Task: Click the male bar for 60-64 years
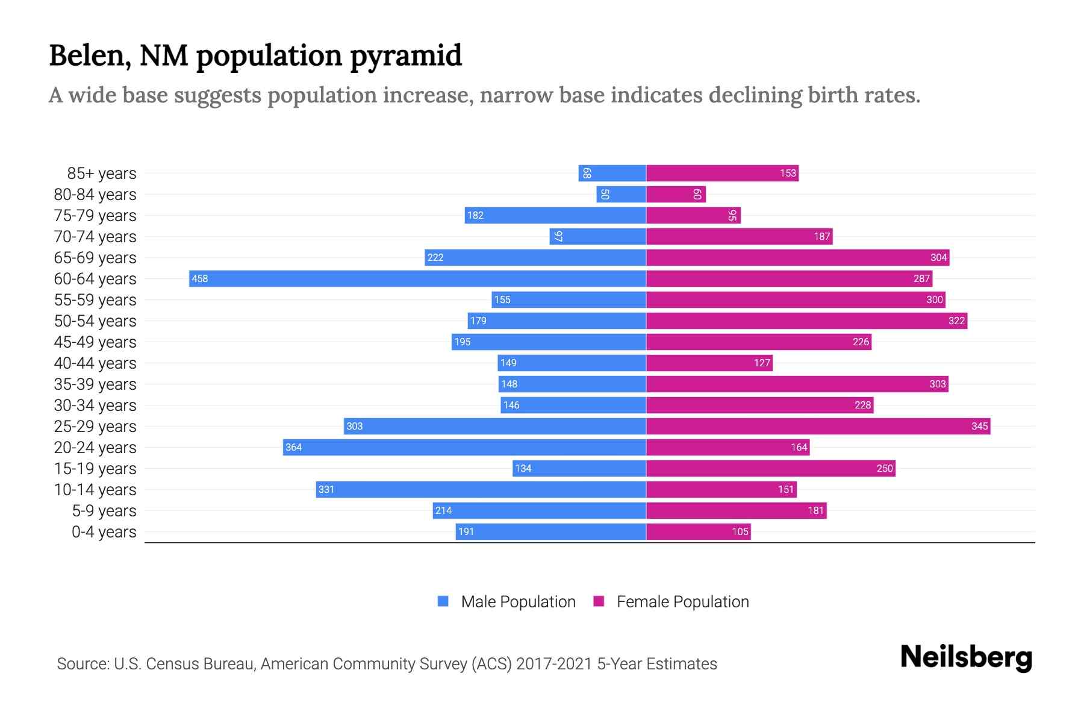click(417, 278)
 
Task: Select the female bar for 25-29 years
click(818, 426)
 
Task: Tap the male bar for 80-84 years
click(621, 194)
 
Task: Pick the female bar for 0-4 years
click(698, 531)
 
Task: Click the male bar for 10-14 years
click(481, 489)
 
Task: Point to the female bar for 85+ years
click(722, 173)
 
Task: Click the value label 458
click(199, 278)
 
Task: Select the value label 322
click(956, 321)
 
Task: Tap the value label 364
click(293, 447)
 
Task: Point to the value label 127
click(762, 363)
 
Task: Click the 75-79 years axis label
click(95, 215)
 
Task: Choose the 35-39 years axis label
click(95, 384)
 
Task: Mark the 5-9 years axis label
click(104, 510)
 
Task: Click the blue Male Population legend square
click(443, 601)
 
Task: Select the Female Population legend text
click(682, 601)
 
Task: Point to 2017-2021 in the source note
click(554, 663)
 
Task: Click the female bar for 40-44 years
click(709, 363)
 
